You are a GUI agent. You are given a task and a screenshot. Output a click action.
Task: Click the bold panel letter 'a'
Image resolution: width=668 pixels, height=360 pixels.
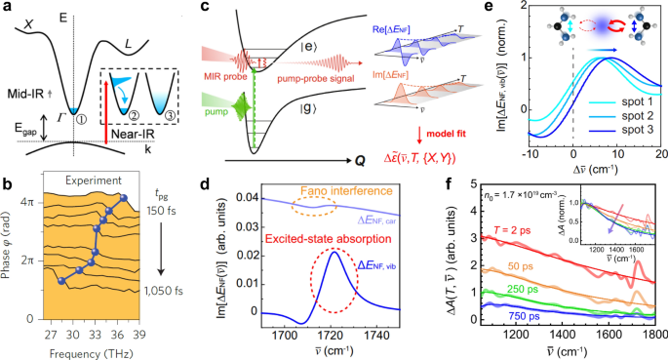pyautogui.click(x=7, y=8)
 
